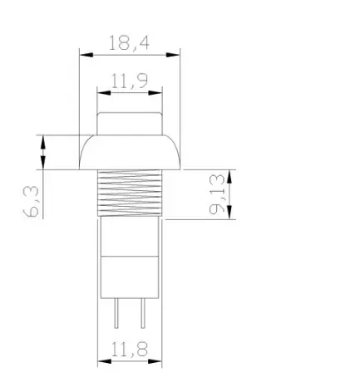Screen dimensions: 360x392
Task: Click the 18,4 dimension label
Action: coord(129,43)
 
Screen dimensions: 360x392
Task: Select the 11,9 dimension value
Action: coord(130,81)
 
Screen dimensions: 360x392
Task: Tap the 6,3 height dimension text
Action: coord(31,201)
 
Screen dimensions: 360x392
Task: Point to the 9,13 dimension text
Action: coord(217,194)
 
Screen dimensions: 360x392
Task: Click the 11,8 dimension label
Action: coord(130,349)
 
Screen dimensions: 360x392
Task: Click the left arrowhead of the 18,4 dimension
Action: coord(86,55)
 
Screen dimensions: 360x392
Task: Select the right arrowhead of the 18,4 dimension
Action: coord(173,55)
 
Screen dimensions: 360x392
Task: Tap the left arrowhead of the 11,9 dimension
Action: coord(104,93)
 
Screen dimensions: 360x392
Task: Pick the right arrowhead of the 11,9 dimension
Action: coord(155,93)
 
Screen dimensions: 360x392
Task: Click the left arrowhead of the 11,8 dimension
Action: coord(105,361)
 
